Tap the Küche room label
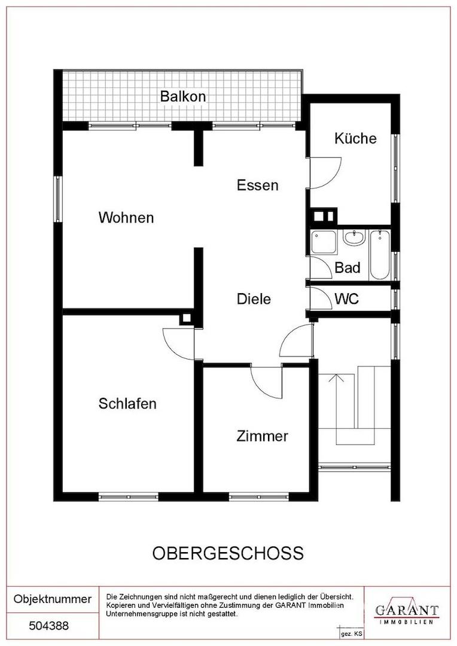(x=355, y=138)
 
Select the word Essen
(x=258, y=185)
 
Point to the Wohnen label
(x=126, y=217)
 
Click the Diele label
(x=254, y=298)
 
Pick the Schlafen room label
(x=127, y=403)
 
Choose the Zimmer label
(x=262, y=436)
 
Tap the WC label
(x=346, y=298)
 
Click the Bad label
(x=348, y=267)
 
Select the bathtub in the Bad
(x=379, y=255)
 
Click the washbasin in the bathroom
(x=354, y=237)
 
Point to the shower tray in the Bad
(x=324, y=242)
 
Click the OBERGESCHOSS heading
(x=228, y=553)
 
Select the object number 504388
(x=48, y=626)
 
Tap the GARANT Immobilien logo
(x=406, y=611)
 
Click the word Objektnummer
(x=52, y=599)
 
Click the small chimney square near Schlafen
(x=186, y=318)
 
